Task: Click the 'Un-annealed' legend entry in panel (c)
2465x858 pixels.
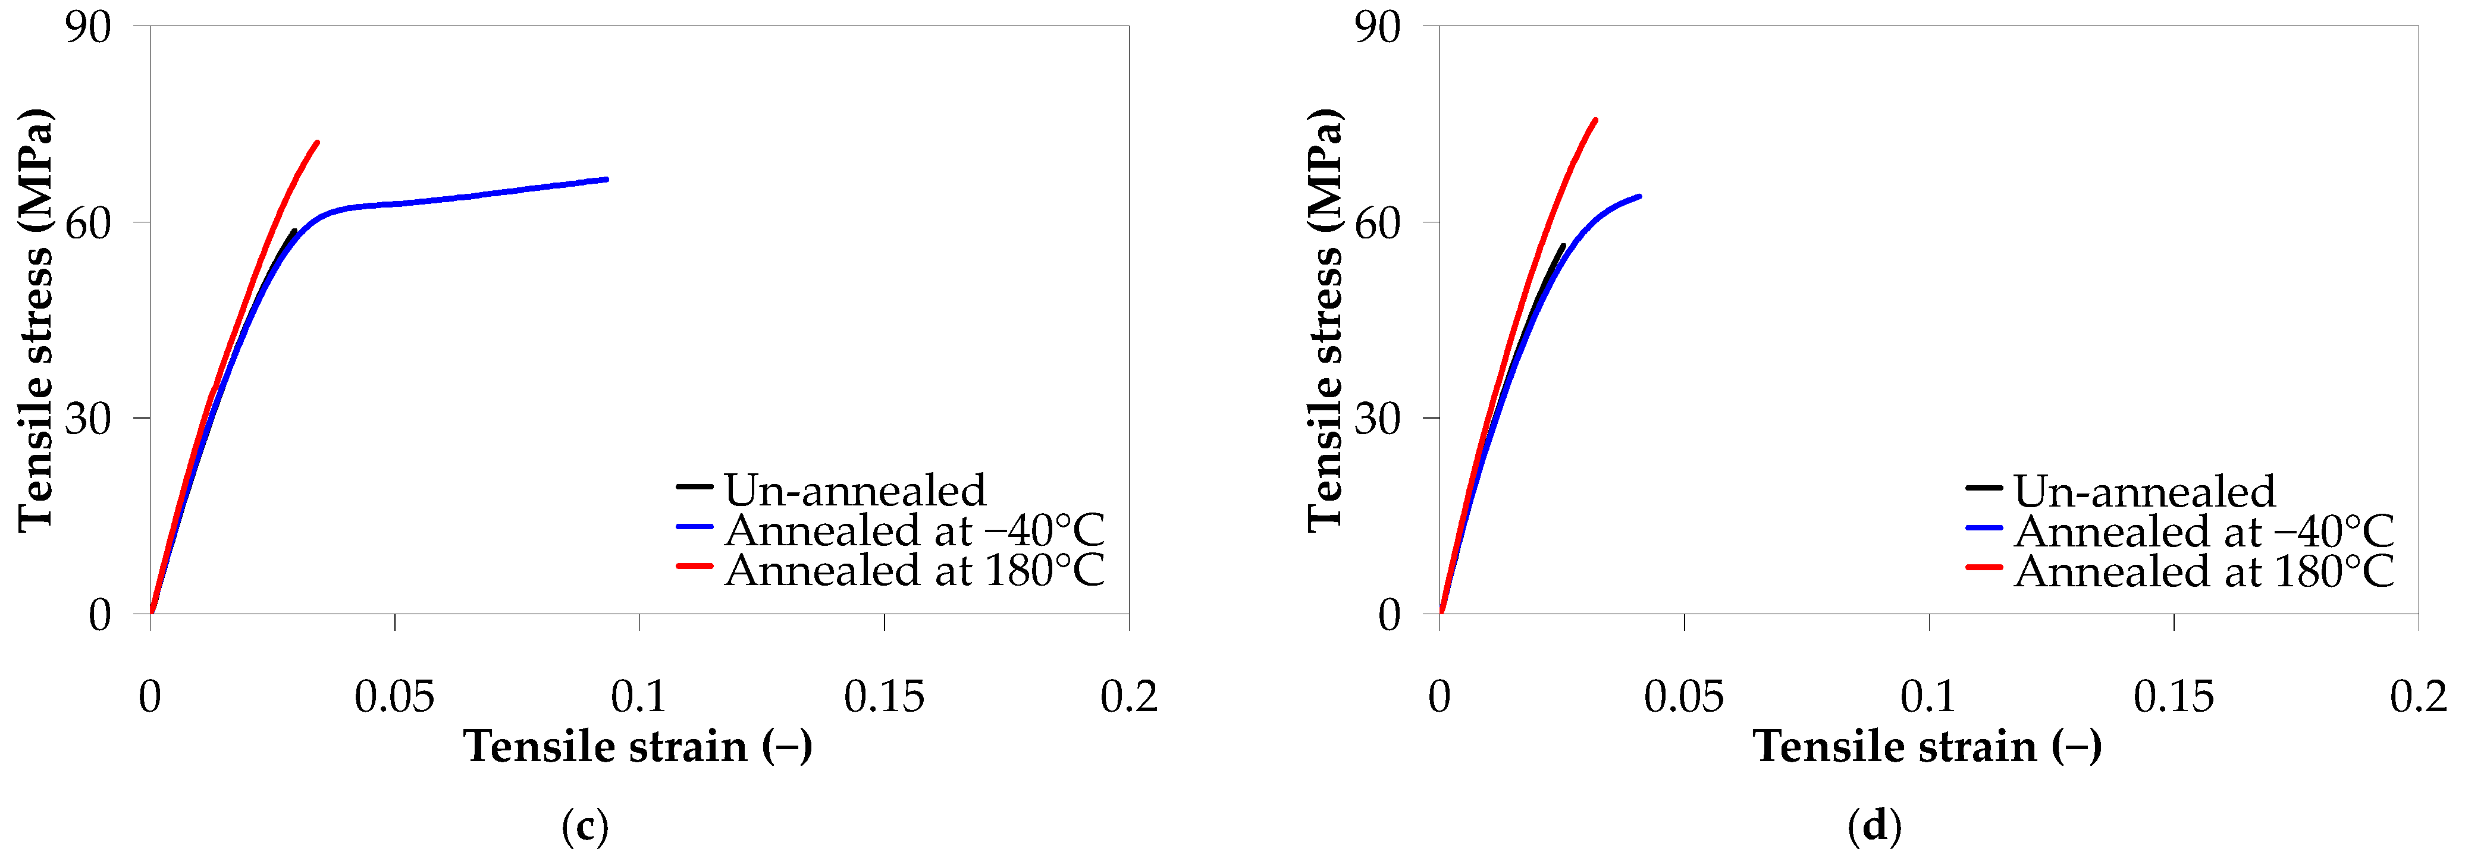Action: point(854,491)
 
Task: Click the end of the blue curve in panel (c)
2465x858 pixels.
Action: point(606,179)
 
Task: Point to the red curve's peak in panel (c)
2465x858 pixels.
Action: point(316,143)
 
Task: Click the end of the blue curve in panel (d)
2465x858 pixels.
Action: point(1639,196)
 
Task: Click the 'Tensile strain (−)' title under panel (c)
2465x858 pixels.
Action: point(638,746)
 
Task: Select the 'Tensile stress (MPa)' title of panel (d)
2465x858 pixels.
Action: point(1325,319)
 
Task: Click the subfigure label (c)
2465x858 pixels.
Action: point(585,825)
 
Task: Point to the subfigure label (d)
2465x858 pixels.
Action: point(1874,825)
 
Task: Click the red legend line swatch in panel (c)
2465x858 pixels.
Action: point(694,566)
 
